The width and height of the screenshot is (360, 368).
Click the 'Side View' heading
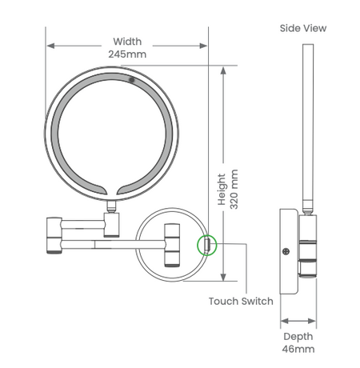[303, 28]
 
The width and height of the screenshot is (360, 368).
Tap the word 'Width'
[127, 42]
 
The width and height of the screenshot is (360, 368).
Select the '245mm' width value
[127, 54]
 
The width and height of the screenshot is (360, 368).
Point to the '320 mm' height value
[234, 189]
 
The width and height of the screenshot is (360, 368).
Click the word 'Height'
[222, 189]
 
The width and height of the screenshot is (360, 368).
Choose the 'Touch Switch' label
[241, 301]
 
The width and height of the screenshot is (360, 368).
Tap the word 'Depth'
[298, 337]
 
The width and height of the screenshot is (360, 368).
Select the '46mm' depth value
[298, 349]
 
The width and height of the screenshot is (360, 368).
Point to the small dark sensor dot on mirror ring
[131, 79]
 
